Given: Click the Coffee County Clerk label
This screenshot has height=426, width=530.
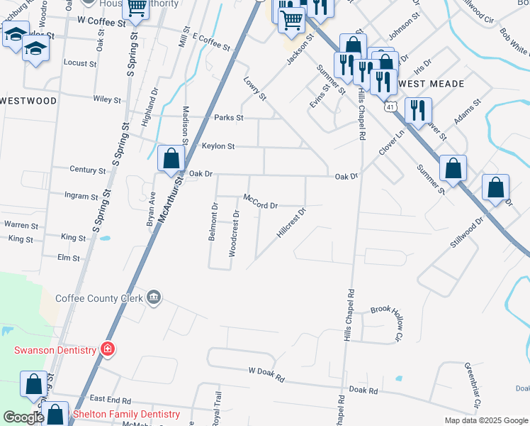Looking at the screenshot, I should tap(98, 298).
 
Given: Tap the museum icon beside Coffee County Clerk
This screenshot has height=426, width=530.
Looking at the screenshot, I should tap(153, 297).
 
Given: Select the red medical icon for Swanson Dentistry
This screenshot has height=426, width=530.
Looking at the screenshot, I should tap(107, 349).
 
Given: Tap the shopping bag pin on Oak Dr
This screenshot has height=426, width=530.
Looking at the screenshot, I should tap(171, 159).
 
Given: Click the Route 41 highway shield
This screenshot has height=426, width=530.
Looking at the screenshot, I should tap(390, 107).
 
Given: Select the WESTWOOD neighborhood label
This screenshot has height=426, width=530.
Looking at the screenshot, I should tap(28, 101).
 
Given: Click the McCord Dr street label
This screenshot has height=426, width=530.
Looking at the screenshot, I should tap(260, 202).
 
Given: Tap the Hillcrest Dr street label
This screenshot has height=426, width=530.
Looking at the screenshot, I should tap(291, 224).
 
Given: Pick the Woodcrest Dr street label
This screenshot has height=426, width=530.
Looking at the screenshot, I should tap(235, 233).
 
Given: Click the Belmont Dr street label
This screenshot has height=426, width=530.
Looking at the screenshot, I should tap(213, 222).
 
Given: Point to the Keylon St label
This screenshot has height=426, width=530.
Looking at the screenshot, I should tap(218, 146).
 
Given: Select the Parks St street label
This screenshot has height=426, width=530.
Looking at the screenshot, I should tap(229, 117).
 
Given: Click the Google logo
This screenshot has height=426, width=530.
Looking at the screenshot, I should tap(23, 417).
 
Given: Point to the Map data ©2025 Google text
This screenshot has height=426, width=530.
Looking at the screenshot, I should tap(485, 420).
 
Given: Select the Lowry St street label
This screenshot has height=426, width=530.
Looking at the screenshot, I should tap(254, 88).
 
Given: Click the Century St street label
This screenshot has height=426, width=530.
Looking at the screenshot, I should tap(87, 170).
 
